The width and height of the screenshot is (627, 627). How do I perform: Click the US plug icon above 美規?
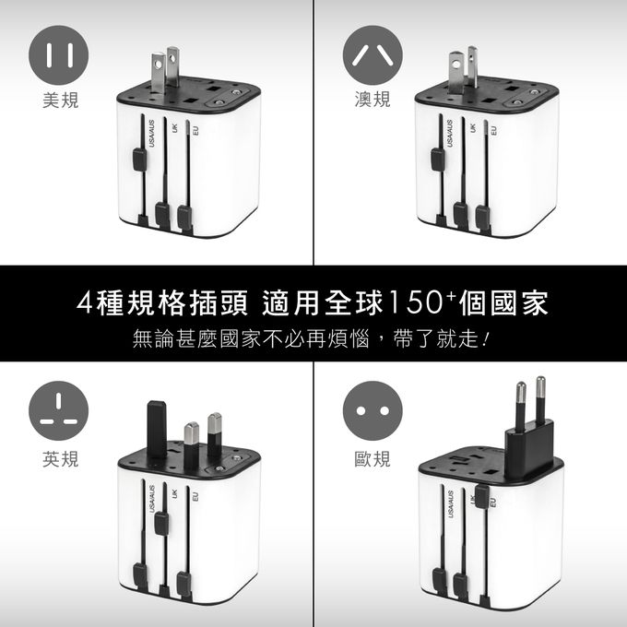click(58, 55)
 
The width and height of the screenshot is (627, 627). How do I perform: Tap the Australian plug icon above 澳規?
click(373, 55)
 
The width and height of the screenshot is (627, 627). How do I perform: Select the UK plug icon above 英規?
click(58, 410)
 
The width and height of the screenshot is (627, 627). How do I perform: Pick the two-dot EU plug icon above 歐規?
click(373, 410)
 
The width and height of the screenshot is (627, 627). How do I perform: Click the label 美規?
click(60, 100)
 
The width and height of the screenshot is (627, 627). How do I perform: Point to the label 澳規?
click(373, 99)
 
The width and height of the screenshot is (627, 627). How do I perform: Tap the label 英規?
click(60, 458)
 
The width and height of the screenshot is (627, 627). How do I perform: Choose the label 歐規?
click(373, 458)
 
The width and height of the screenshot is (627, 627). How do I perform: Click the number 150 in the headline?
click(416, 302)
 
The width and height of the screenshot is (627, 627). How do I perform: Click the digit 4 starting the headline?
click(85, 302)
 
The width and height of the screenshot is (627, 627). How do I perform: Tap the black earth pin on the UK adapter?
click(157, 429)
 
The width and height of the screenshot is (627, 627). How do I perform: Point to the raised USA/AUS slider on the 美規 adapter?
click(139, 160)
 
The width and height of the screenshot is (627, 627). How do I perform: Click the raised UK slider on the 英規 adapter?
click(161, 523)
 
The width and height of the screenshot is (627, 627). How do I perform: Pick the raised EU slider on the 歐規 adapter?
click(482, 496)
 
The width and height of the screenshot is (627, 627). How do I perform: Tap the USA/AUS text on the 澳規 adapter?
click(450, 134)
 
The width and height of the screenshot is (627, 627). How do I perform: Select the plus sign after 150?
click(452, 295)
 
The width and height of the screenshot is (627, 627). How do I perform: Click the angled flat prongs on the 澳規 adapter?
click(463, 69)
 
